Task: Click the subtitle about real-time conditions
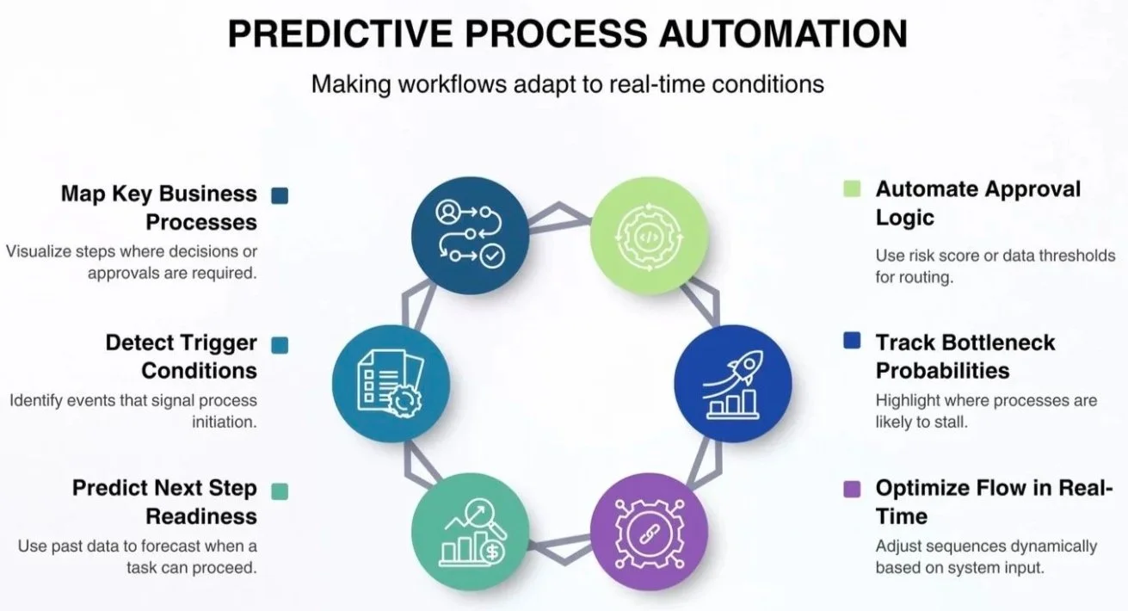(x=567, y=83)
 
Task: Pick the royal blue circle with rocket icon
(x=732, y=382)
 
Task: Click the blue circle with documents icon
(x=391, y=382)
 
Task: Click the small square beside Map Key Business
(x=280, y=195)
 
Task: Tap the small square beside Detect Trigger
(x=280, y=344)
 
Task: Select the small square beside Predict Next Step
(x=280, y=491)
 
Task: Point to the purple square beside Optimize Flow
(x=852, y=489)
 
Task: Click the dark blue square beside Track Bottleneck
(x=852, y=342)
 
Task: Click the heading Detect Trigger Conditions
(x=182, y=356)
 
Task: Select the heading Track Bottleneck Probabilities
(x=965, y=356)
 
